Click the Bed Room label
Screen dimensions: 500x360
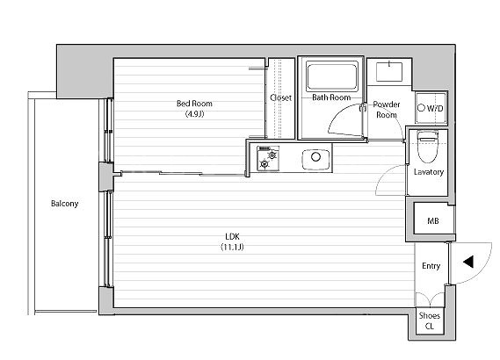pos(194,104)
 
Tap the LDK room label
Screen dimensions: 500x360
pos(232,236)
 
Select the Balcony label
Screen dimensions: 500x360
pos(64,204)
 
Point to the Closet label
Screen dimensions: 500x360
pos(280,97)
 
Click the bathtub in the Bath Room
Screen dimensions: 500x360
pos(331,76)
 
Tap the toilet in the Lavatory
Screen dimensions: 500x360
pos(428,146)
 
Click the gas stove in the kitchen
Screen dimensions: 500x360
pos(268,158)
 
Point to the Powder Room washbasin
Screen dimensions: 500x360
pos(389,72)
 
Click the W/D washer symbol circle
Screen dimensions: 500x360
pos(421,108)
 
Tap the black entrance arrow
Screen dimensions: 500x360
pos(468,262)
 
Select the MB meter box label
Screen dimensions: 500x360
pos(432,220)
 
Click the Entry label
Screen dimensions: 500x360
pos(431,266)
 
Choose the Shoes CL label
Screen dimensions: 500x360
pos(429,320)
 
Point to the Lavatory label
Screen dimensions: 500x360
pos(429,172)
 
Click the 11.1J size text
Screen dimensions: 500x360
pos(232,247)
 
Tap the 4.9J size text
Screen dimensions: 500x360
pos(194,114)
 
